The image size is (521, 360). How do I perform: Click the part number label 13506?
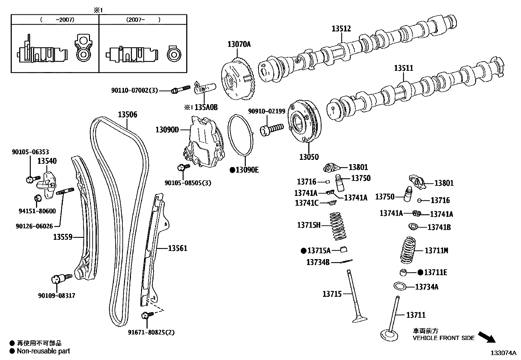coord(127,115)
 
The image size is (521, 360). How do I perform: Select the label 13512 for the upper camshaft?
coord(341,29)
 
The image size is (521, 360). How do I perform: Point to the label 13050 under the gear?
coord(309,157)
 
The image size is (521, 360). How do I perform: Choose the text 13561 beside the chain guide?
coord(178,248)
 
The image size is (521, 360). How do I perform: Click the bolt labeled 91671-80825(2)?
coord(146,315)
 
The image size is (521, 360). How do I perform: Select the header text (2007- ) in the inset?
coord(143,20)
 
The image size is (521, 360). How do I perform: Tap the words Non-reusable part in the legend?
coord(43,351)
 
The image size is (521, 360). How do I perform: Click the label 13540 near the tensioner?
coord(46,161)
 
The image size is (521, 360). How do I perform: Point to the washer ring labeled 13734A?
coord(400,286)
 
